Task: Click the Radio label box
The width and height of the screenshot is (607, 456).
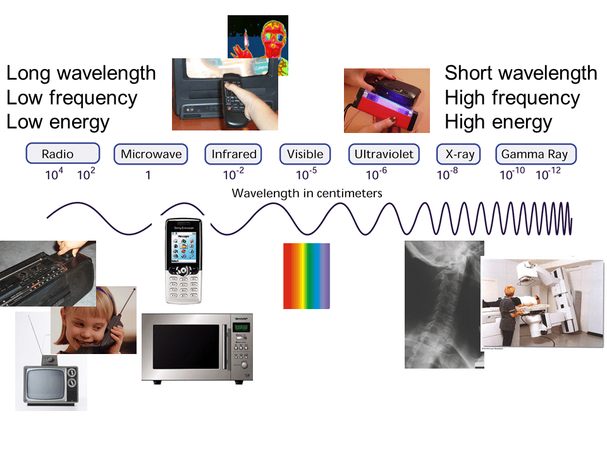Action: pos(62,154)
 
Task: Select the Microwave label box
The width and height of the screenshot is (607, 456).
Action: pos(151,154)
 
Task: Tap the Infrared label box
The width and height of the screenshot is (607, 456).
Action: pos(234,154)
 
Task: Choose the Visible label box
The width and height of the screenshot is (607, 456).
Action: pos(305,154)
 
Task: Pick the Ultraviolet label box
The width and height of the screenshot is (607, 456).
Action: pos(384,154)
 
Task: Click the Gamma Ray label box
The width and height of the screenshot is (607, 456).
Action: pos(534,154)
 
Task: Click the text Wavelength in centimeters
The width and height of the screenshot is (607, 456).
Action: pos(307,193)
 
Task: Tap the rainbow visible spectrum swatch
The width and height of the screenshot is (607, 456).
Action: pos(307,276)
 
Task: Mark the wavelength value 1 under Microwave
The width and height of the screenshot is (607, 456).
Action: pos(149,175)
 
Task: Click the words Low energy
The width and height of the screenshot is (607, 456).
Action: pos(58,121)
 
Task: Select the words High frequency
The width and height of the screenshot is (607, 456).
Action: pos(512,98)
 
